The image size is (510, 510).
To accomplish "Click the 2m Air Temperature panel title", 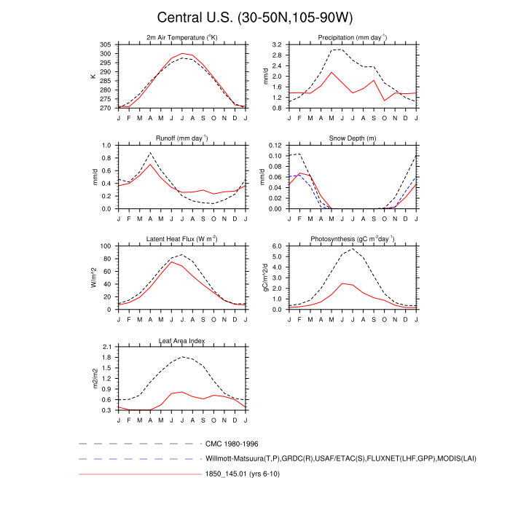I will (x=181, y=37).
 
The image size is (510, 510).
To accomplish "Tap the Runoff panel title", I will (x=181, y=138).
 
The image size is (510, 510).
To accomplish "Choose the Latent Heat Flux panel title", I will (x=181, y=238).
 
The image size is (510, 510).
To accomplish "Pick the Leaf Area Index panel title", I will (x=181, y=340).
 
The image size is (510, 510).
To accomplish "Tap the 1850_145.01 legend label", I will (x=248, y=475).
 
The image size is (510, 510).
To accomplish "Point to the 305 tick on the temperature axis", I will (x=106, y=45).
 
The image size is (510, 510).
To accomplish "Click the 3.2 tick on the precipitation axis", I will (x=276, y=45).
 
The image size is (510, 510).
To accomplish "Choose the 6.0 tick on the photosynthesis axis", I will (x=276, y=246).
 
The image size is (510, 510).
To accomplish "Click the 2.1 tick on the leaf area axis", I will (x=106, y=347).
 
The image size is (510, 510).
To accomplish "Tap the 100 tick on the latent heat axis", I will (x=106, y=246).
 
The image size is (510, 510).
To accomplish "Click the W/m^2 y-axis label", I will (x=93, y=278).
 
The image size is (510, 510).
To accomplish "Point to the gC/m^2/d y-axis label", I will (x=264, y=278).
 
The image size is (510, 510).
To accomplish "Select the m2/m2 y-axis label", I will (x=93, y=378).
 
